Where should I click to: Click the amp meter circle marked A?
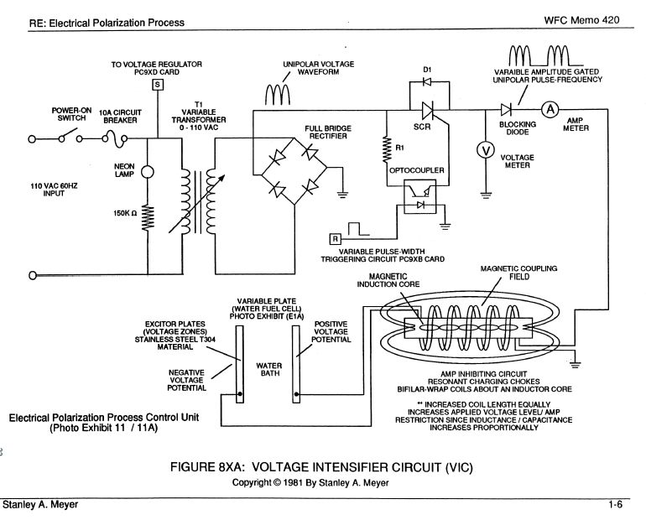(547, 110)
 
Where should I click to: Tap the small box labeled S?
(156, 84)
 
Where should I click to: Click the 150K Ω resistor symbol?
(147, 218)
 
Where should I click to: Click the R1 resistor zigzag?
(386, 148)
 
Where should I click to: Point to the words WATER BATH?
(267, 371)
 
